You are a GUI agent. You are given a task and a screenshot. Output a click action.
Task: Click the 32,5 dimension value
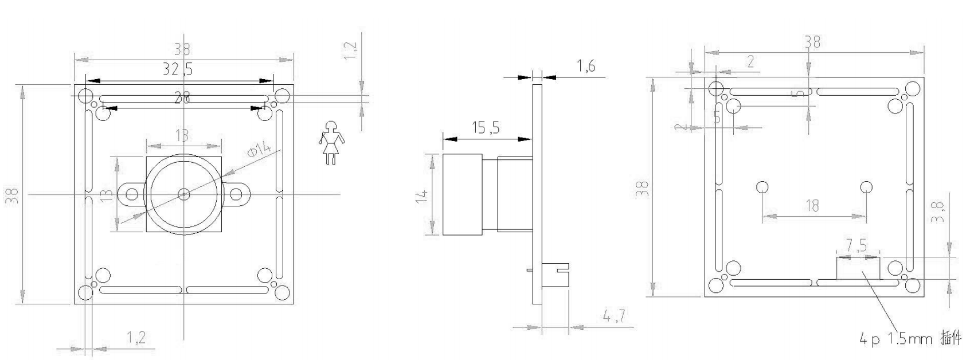click(177, 69)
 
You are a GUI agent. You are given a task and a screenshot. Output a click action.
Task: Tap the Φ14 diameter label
click(259, 150)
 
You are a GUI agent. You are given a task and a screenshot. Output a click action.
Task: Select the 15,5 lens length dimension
click(485, 128)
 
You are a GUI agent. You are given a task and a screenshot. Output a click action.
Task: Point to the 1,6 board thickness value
click(585, 66)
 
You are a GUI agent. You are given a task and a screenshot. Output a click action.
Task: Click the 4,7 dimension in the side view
click(613, 316)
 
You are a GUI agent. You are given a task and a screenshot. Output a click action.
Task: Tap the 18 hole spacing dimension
click(812, 205)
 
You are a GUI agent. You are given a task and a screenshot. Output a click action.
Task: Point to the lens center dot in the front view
click(183, 194)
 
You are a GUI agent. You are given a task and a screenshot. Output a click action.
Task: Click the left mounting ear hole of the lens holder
click(131, 194)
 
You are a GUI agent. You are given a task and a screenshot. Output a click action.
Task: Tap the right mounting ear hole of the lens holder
click(236, 194)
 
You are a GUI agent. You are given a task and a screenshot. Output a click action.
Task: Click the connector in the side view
click(554, 275)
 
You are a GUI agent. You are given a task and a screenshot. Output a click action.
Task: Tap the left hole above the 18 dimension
click(762, 187)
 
